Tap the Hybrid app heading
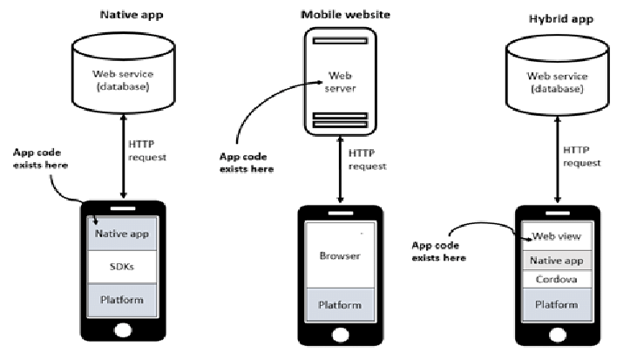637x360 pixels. tap(555, 18)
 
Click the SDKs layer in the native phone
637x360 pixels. tap(122, 268)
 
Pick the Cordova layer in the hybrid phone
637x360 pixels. tap(556, 280)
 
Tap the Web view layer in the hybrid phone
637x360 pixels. tap(556, 236)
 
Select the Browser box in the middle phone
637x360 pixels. tap(340, 256)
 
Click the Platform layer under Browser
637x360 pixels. tap(340, 305)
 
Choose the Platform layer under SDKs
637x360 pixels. tap(122, 301)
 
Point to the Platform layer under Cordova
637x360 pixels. tap(556, 304)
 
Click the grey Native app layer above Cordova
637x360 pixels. tap(556, 259)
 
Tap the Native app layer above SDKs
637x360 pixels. tap(122, 234)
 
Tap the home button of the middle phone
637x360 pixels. tap(340, 334)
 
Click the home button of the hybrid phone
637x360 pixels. tap(556, 333)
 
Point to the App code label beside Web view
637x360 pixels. tap(439, 251)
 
